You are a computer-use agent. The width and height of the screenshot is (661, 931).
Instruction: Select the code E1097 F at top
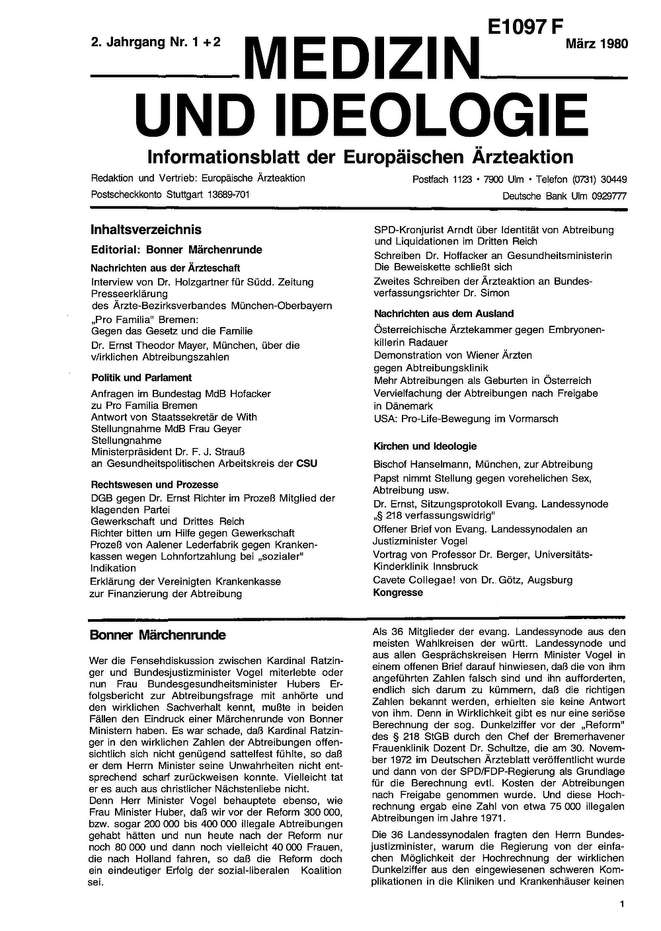pos(526,27)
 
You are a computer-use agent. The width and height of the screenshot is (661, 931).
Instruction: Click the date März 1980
pos(596,44)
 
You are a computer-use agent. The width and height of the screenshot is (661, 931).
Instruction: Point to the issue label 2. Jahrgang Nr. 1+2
pos(156,43)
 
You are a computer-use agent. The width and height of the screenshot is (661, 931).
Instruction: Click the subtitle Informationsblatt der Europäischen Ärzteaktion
pos(360,157)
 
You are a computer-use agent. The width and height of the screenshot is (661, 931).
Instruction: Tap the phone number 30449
pos(613,180)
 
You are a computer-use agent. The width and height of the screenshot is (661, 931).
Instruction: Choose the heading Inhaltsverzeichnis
pos(146,230)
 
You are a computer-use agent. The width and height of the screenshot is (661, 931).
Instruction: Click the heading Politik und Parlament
pos(141,378)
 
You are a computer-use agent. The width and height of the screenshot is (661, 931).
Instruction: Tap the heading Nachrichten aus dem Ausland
pos(444,314)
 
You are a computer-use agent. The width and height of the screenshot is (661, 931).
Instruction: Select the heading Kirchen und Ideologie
pos(425,447)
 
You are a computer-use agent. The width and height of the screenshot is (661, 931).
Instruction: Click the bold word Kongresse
pos(398,593)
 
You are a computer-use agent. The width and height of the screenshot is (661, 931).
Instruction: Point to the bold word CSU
pos(307,464)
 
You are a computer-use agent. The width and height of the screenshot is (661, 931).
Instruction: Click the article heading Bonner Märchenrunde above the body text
pos(158,636)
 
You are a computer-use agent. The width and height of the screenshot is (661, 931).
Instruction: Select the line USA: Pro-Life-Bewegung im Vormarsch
pos(466,419)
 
